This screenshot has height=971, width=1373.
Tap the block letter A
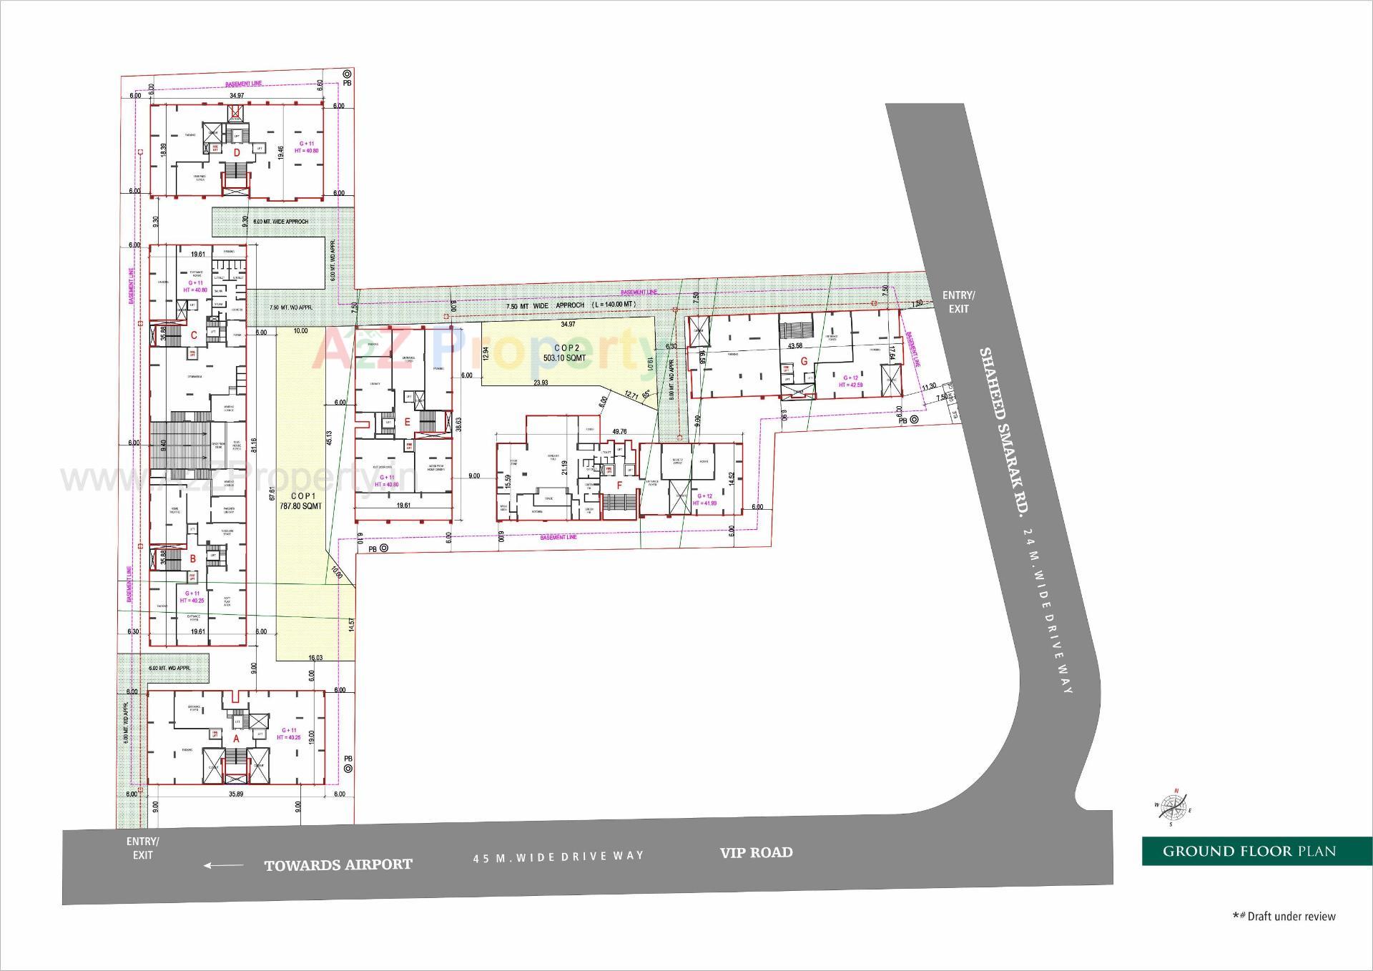[x=237, y=737]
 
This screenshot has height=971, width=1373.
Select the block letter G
[x=804, y=361]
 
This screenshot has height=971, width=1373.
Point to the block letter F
[x=619, y=485]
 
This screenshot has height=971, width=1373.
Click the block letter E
[x=407, y=422]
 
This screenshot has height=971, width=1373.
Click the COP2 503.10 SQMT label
[x=564, y=353]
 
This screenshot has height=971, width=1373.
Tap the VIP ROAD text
[x=756, y=852]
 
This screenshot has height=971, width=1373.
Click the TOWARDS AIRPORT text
[x=338, y=865]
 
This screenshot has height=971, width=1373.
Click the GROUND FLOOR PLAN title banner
[x=1249, y=851]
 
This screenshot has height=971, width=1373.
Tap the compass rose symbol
[x=1173, y=808]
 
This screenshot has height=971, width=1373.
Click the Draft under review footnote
[x=1284, y=916]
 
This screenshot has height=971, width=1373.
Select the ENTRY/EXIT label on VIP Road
[x=142, y=848]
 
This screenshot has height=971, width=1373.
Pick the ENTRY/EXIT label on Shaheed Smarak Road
[x=958, y=302]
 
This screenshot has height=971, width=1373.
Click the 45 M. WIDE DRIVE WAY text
[x=558, y=857]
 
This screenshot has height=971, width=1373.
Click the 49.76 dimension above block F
[x=619, y=431]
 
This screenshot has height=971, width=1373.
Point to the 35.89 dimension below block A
[x=236, y=794]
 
